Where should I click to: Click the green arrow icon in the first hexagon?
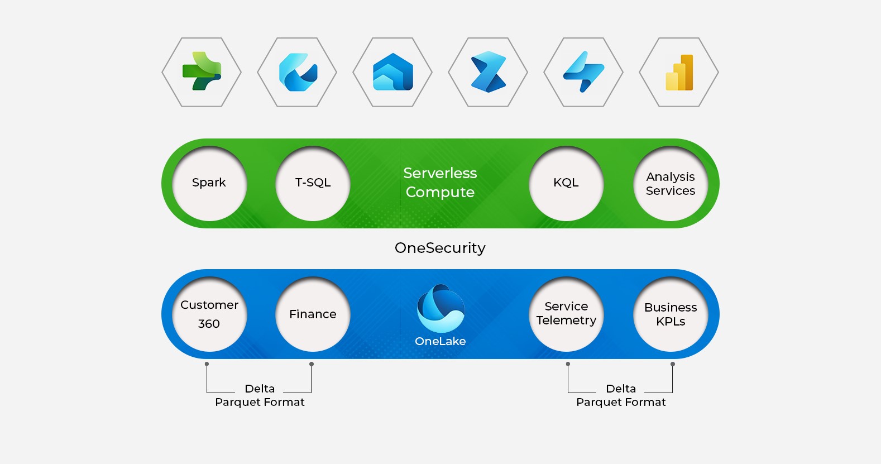tap(202, 71)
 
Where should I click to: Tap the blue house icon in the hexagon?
tap(392, 72)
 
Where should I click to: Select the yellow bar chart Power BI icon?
tap(679, 73)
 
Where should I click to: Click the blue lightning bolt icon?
tap(583, 72)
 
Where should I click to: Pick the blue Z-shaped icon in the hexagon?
tap(488, 72)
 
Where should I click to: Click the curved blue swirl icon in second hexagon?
tap(297, 72)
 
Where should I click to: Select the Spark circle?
tap(209, 183)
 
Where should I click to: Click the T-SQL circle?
tap(313, 183)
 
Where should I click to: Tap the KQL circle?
tap(566, 183)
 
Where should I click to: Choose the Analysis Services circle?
tap(671, 183)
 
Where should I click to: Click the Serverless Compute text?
tap(440, 183)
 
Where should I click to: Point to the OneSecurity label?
tap(440, 248)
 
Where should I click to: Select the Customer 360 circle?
tap(209, 314)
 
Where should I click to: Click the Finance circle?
tap(313, 314)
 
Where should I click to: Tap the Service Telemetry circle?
tap(566, 314)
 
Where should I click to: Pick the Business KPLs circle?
tap(671, 314)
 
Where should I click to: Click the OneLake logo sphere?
tap(440, 309)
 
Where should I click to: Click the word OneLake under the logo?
tap(440, 341)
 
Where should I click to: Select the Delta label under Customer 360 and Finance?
tap(260, 389)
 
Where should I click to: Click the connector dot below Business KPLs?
tap(673, 364)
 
